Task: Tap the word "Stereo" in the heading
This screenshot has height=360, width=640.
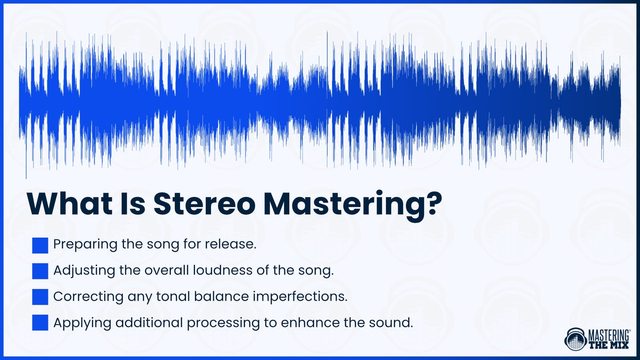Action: tap(204, 204)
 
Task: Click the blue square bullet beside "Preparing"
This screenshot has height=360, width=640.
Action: tap(40, 245)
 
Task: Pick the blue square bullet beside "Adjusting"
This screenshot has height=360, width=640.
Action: tap(40, 271)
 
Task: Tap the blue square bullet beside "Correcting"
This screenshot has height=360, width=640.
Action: tap(40, 297)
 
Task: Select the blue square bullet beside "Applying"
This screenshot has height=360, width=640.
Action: tap(40, 323)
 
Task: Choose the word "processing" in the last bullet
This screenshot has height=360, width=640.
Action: tap(223, 323)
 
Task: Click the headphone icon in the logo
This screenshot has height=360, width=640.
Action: tap(575, 340)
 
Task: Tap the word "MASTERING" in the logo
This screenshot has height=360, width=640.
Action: tap(609, 335)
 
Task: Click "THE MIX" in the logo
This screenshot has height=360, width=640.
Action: tap(609, 345)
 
